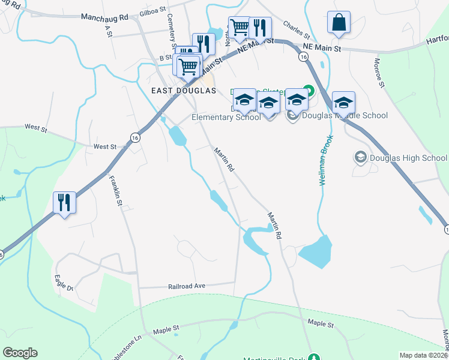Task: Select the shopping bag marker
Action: pos(339,23)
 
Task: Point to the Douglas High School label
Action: pos(409,158)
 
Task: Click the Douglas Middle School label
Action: pos(345,115)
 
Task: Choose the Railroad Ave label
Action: pos(187,287)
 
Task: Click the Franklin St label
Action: pos(115,191)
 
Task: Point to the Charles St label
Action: pos(295,28)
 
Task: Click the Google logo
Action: pos(20,353)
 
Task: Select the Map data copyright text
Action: pos(423,355)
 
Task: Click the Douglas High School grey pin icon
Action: pos(360,157)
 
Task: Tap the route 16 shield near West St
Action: pos(136,138)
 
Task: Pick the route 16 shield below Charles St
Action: pos(304,56)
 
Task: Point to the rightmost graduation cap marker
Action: pos(343,102)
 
